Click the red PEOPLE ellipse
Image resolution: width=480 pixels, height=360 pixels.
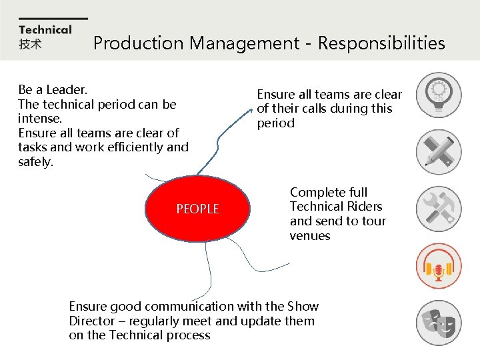tap(197, 209)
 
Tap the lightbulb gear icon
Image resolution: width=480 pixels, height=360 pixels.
tap(438, 95)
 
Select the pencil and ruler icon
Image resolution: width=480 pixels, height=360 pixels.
tap(438, 152)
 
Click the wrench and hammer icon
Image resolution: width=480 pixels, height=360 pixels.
tap(438, 209)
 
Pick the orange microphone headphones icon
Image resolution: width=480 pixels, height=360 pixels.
tap(438, 266)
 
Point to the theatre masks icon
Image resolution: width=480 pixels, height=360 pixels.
tap(438, 323)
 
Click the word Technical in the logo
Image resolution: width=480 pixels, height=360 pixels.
tap(45, 29)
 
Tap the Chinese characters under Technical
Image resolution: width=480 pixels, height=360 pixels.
tap(30, 44)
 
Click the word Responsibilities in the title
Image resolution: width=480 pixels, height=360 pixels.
tap(381, 43)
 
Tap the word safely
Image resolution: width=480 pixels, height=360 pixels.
tap(35, 161)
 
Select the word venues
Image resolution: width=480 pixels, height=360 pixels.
tap(310, 236)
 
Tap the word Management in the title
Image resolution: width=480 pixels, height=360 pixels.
tap(245, 43)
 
